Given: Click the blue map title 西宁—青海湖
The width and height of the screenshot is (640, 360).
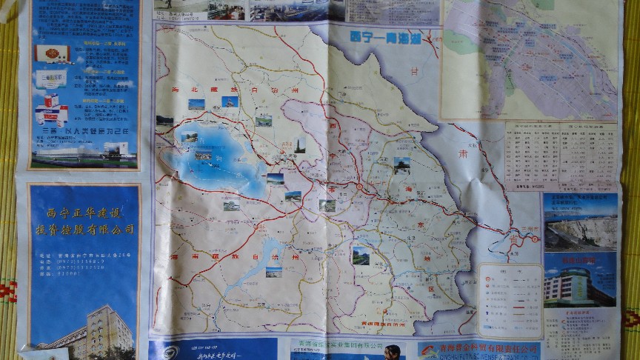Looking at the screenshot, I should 384,39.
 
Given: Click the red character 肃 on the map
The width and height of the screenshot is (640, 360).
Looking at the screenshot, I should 463,154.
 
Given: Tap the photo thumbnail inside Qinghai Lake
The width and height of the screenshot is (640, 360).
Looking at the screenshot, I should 202,155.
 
